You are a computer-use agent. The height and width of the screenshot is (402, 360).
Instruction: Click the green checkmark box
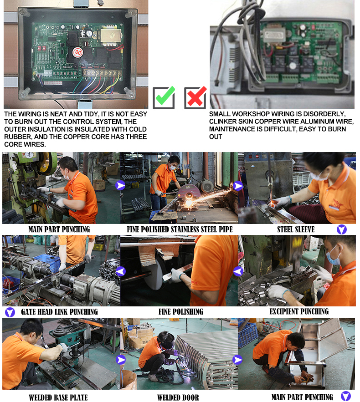click(x=164, y=97)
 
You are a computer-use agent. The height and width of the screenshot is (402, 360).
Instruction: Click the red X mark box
click(x=195, y=97)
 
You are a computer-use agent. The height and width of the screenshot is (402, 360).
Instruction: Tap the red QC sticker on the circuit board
click(x=77, y=52)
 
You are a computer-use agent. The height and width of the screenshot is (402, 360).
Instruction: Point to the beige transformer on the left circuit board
click(x=111, y=36)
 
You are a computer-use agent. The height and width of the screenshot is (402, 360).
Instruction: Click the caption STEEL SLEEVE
click(x=296, y=229)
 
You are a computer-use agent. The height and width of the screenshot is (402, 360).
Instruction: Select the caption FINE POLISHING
click(x=181, y=312)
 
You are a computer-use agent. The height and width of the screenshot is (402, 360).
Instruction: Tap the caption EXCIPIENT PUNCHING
click(x=299, y=311)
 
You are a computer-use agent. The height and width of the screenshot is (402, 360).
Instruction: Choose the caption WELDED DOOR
click(x=178, y=397)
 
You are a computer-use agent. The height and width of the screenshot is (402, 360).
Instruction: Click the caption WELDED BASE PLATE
click(x=58, y=397)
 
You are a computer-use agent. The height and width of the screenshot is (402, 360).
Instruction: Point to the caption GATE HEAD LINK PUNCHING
click(x=60, y=312)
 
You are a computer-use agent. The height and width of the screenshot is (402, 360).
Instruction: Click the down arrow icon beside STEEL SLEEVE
click(x=342, y=229)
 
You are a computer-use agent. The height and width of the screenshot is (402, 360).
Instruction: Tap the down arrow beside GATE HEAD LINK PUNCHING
click(x=10, y=312)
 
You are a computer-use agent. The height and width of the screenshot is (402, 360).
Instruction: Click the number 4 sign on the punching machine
click(x=29, y=155)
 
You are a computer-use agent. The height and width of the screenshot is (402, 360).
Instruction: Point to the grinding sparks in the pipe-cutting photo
click(x=205, y=198)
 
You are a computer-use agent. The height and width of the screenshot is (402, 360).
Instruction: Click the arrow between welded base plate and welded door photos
click(x=121, y=360)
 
